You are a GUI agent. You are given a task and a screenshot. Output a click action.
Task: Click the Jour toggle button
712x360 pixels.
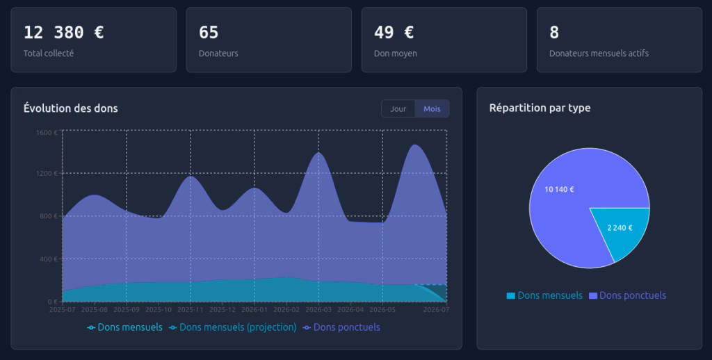point(398,109)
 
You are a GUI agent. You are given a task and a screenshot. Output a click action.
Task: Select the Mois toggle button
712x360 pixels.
point(432,109)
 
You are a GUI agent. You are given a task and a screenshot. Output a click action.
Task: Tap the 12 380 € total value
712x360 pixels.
point(63,33)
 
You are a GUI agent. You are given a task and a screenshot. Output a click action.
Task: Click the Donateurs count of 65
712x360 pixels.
point(209,33)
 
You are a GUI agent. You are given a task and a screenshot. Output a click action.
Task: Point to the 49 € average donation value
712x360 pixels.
point(394,33)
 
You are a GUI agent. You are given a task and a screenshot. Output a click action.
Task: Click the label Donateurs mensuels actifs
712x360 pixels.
point(599,54)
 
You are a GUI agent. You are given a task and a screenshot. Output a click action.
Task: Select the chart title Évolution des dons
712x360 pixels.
point(70,108)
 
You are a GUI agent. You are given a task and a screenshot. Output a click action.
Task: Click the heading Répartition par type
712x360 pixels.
point(540,108)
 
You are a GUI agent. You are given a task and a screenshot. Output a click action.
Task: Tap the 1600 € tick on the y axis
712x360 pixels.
point(47,133)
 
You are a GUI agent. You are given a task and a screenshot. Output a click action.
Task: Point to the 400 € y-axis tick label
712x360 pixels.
point(49,259)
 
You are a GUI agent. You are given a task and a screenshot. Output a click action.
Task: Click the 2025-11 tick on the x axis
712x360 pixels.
point(191,309)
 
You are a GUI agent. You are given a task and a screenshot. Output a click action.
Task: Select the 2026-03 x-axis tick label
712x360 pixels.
point(318,309)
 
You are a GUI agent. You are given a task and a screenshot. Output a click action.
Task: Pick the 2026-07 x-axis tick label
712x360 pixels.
point(436,309)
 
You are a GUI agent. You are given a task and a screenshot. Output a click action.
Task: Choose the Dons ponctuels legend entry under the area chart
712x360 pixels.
point(341,327)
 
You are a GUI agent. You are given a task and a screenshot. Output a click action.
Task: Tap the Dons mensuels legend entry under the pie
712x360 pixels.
point(544,295)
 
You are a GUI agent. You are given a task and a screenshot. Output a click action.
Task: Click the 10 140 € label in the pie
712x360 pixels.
point(559,189)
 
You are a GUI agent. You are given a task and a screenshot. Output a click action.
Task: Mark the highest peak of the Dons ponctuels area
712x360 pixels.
point(414,145)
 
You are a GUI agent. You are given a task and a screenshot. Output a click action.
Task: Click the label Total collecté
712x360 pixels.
point(49,54)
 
